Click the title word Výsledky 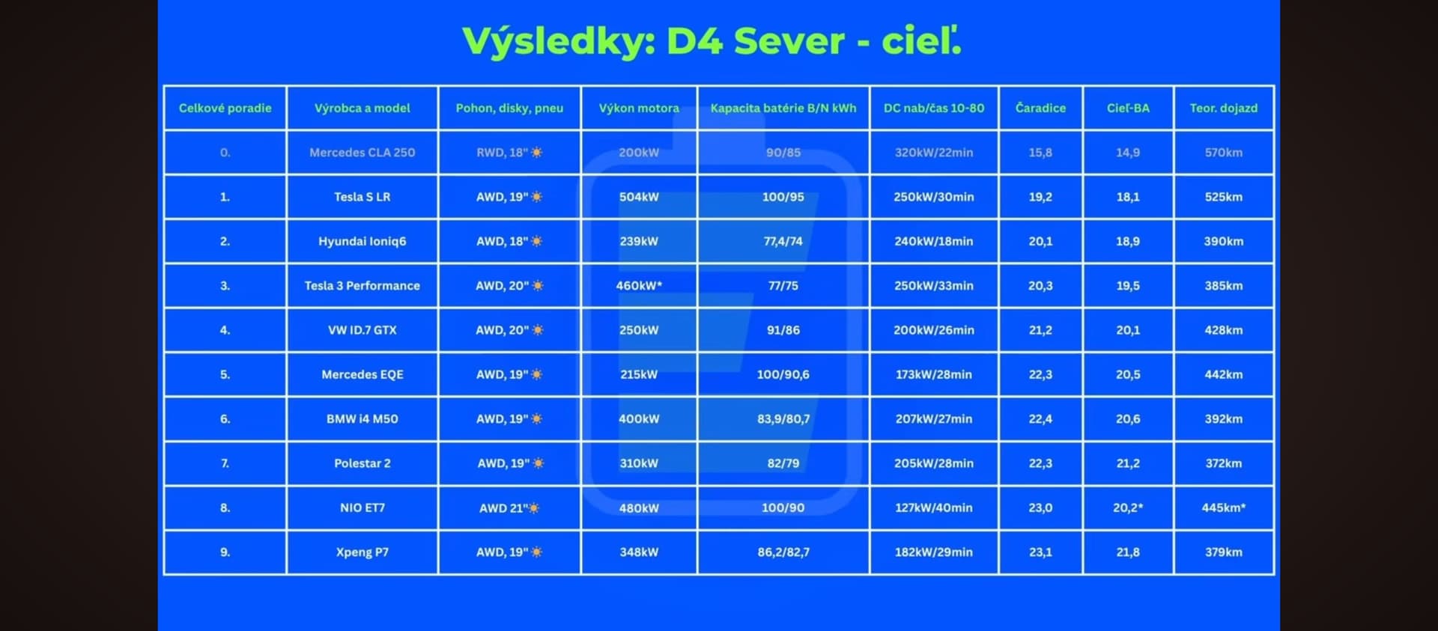pyautogui.click(x=559, y=40)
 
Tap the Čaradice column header pyautogui.click(x=1040, y=108)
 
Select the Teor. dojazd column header pyautogui.click(x=1224, y=108)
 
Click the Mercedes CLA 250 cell pyautogui.click(x=362, y=152)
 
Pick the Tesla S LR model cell pyautogui.click(x=362, y=197)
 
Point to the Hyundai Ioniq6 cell pyautogui.click(x=362, y=241)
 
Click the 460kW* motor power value pyautogui.click(x=639, y=285)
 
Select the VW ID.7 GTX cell pyautogui.click(x=362, y=330)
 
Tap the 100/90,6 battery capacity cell pyautogui.click(x=783, y=374)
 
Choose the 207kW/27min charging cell pyautogui.click(x=934, y=419)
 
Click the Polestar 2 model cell pyautogui.click(x=362, y=463)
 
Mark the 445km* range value pyautogui.click(x=1224, y=507)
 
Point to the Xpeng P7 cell pyautogui.click(x=362, y=552)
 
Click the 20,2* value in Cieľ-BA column pyautogui.click(x=1128, y=507)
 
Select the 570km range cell pyautogui.click(x=1224, y=152)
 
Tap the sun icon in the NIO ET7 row pyautogui.click(x=533, y=508)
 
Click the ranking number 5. pyautogui.click(x=225, y=374)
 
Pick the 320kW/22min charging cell pyautogui.click(x=934, y=152)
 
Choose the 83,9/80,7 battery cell pyautogui.click(x=783, y=419)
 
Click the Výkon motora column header pyautogui.click(x=639, y=108)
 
